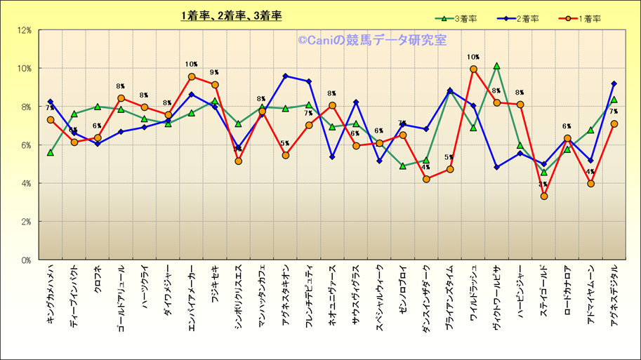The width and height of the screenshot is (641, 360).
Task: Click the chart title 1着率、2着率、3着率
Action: [231, 15]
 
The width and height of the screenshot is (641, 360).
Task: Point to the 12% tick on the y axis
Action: [24, 30]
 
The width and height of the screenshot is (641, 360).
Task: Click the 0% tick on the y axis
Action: [26, 260]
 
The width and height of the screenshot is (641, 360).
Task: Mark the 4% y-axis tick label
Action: [26, 183]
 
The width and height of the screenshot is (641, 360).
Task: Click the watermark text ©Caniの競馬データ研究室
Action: [371, 41]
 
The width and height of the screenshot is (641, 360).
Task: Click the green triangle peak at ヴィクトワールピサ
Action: [496, 66]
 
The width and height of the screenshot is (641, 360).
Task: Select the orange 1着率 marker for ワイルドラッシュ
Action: [473, 69]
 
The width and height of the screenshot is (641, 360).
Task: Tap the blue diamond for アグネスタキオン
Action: [285, 76]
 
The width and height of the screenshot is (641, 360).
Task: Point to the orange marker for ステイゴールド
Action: [543, 196]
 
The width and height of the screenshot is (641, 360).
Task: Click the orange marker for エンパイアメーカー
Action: [191, 76]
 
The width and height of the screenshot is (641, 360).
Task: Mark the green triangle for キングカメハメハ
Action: [51, 152]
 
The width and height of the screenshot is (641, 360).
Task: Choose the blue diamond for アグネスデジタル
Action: [614, 84]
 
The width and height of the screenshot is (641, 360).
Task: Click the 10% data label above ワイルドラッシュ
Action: [473, 58]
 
